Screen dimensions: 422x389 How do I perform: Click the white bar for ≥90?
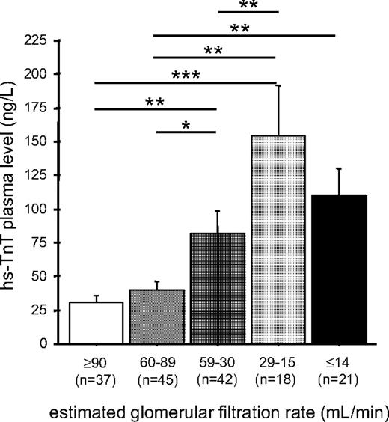point(96,322)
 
